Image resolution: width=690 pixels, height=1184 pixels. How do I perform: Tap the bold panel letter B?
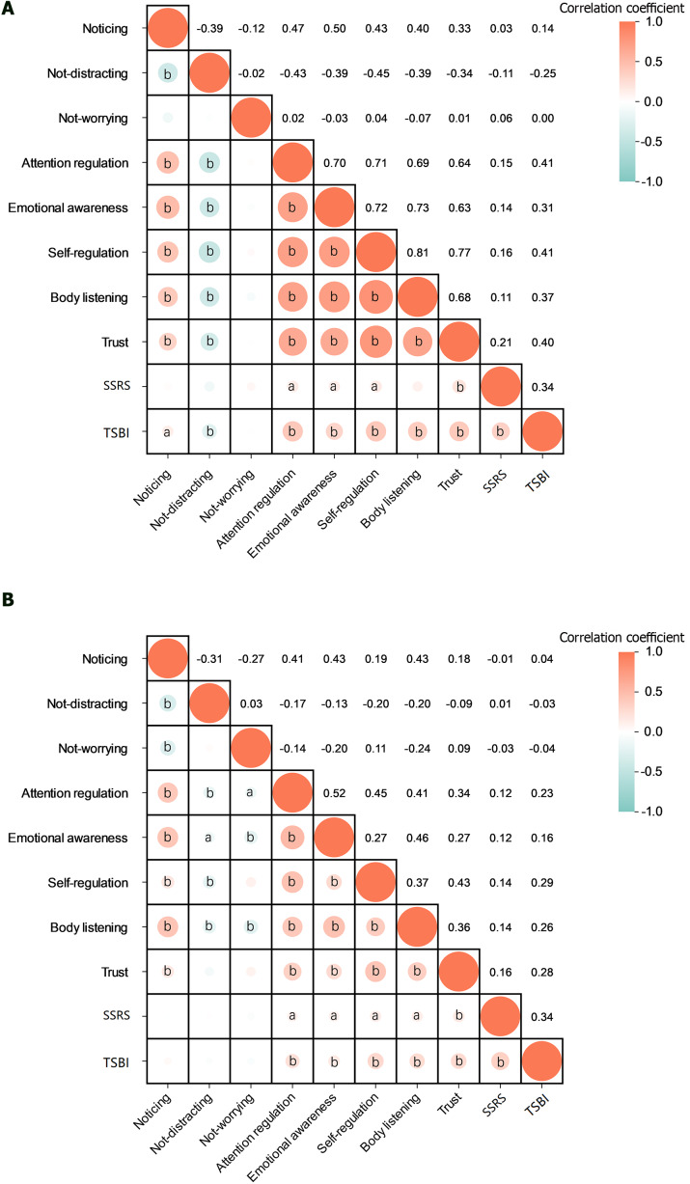[8, 599]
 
